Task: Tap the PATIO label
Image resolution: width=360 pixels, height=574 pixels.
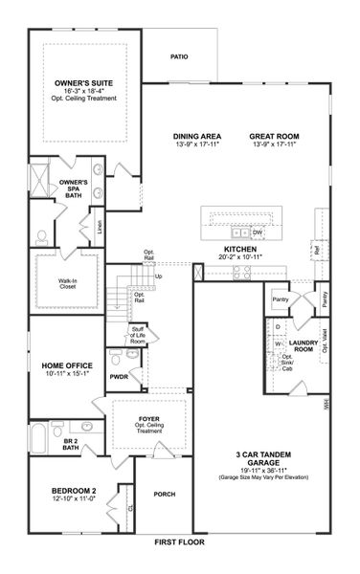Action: tap(179, 56)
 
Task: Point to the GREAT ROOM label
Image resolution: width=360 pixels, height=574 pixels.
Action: tap(273, 136)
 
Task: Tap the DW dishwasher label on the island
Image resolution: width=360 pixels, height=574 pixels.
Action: tap(258, 232)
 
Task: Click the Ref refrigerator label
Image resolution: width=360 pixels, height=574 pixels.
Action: tap(316, 251)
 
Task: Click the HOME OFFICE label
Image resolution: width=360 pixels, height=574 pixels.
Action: tap(66, 365)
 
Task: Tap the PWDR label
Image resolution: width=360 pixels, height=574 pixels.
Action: tap(119, 377)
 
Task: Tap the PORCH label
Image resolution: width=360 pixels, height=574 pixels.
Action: tap(163, 494)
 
